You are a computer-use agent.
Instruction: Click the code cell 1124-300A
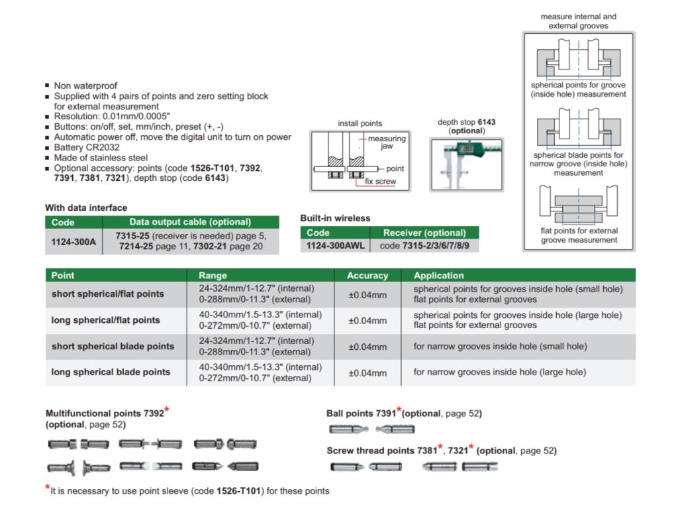(x=73, y=242)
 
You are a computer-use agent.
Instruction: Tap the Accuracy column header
(x=367, y=275)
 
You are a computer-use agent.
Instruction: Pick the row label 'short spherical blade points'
(x=113, y=346)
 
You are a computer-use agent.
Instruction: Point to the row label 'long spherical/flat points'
(x=106, y=320)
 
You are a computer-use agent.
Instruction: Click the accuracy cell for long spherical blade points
(x=367, y=372)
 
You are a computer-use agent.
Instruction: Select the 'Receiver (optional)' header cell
(x=424, y=233)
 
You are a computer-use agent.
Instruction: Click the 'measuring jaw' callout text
(x=387, y=143)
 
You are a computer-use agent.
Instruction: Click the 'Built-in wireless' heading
(x=335, y=218)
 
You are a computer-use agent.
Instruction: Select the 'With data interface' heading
(x=86, y=207)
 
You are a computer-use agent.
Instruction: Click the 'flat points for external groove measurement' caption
(x=579, y=235)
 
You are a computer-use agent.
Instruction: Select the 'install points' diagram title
(x=360, y=123)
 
